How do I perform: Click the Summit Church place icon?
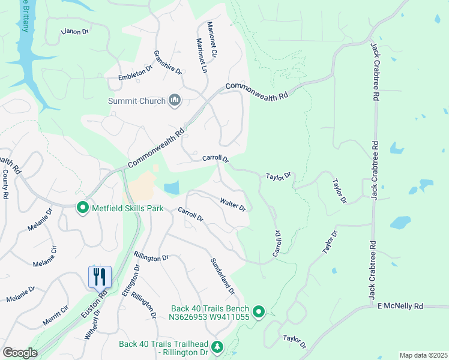(175, 100)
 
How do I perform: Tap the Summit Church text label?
(136, 101)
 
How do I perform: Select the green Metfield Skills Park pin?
(83, 208)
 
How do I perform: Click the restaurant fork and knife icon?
(100, 277)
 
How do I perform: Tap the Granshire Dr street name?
(167, 62)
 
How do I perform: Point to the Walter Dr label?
(233, 204)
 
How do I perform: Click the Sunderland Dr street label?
(221, 277)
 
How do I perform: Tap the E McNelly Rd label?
(400, 306)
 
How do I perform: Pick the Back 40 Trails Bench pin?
(259, 311)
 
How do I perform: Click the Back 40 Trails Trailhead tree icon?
(217, 347)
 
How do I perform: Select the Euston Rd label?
(103, 295)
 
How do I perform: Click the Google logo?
(19, 353)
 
